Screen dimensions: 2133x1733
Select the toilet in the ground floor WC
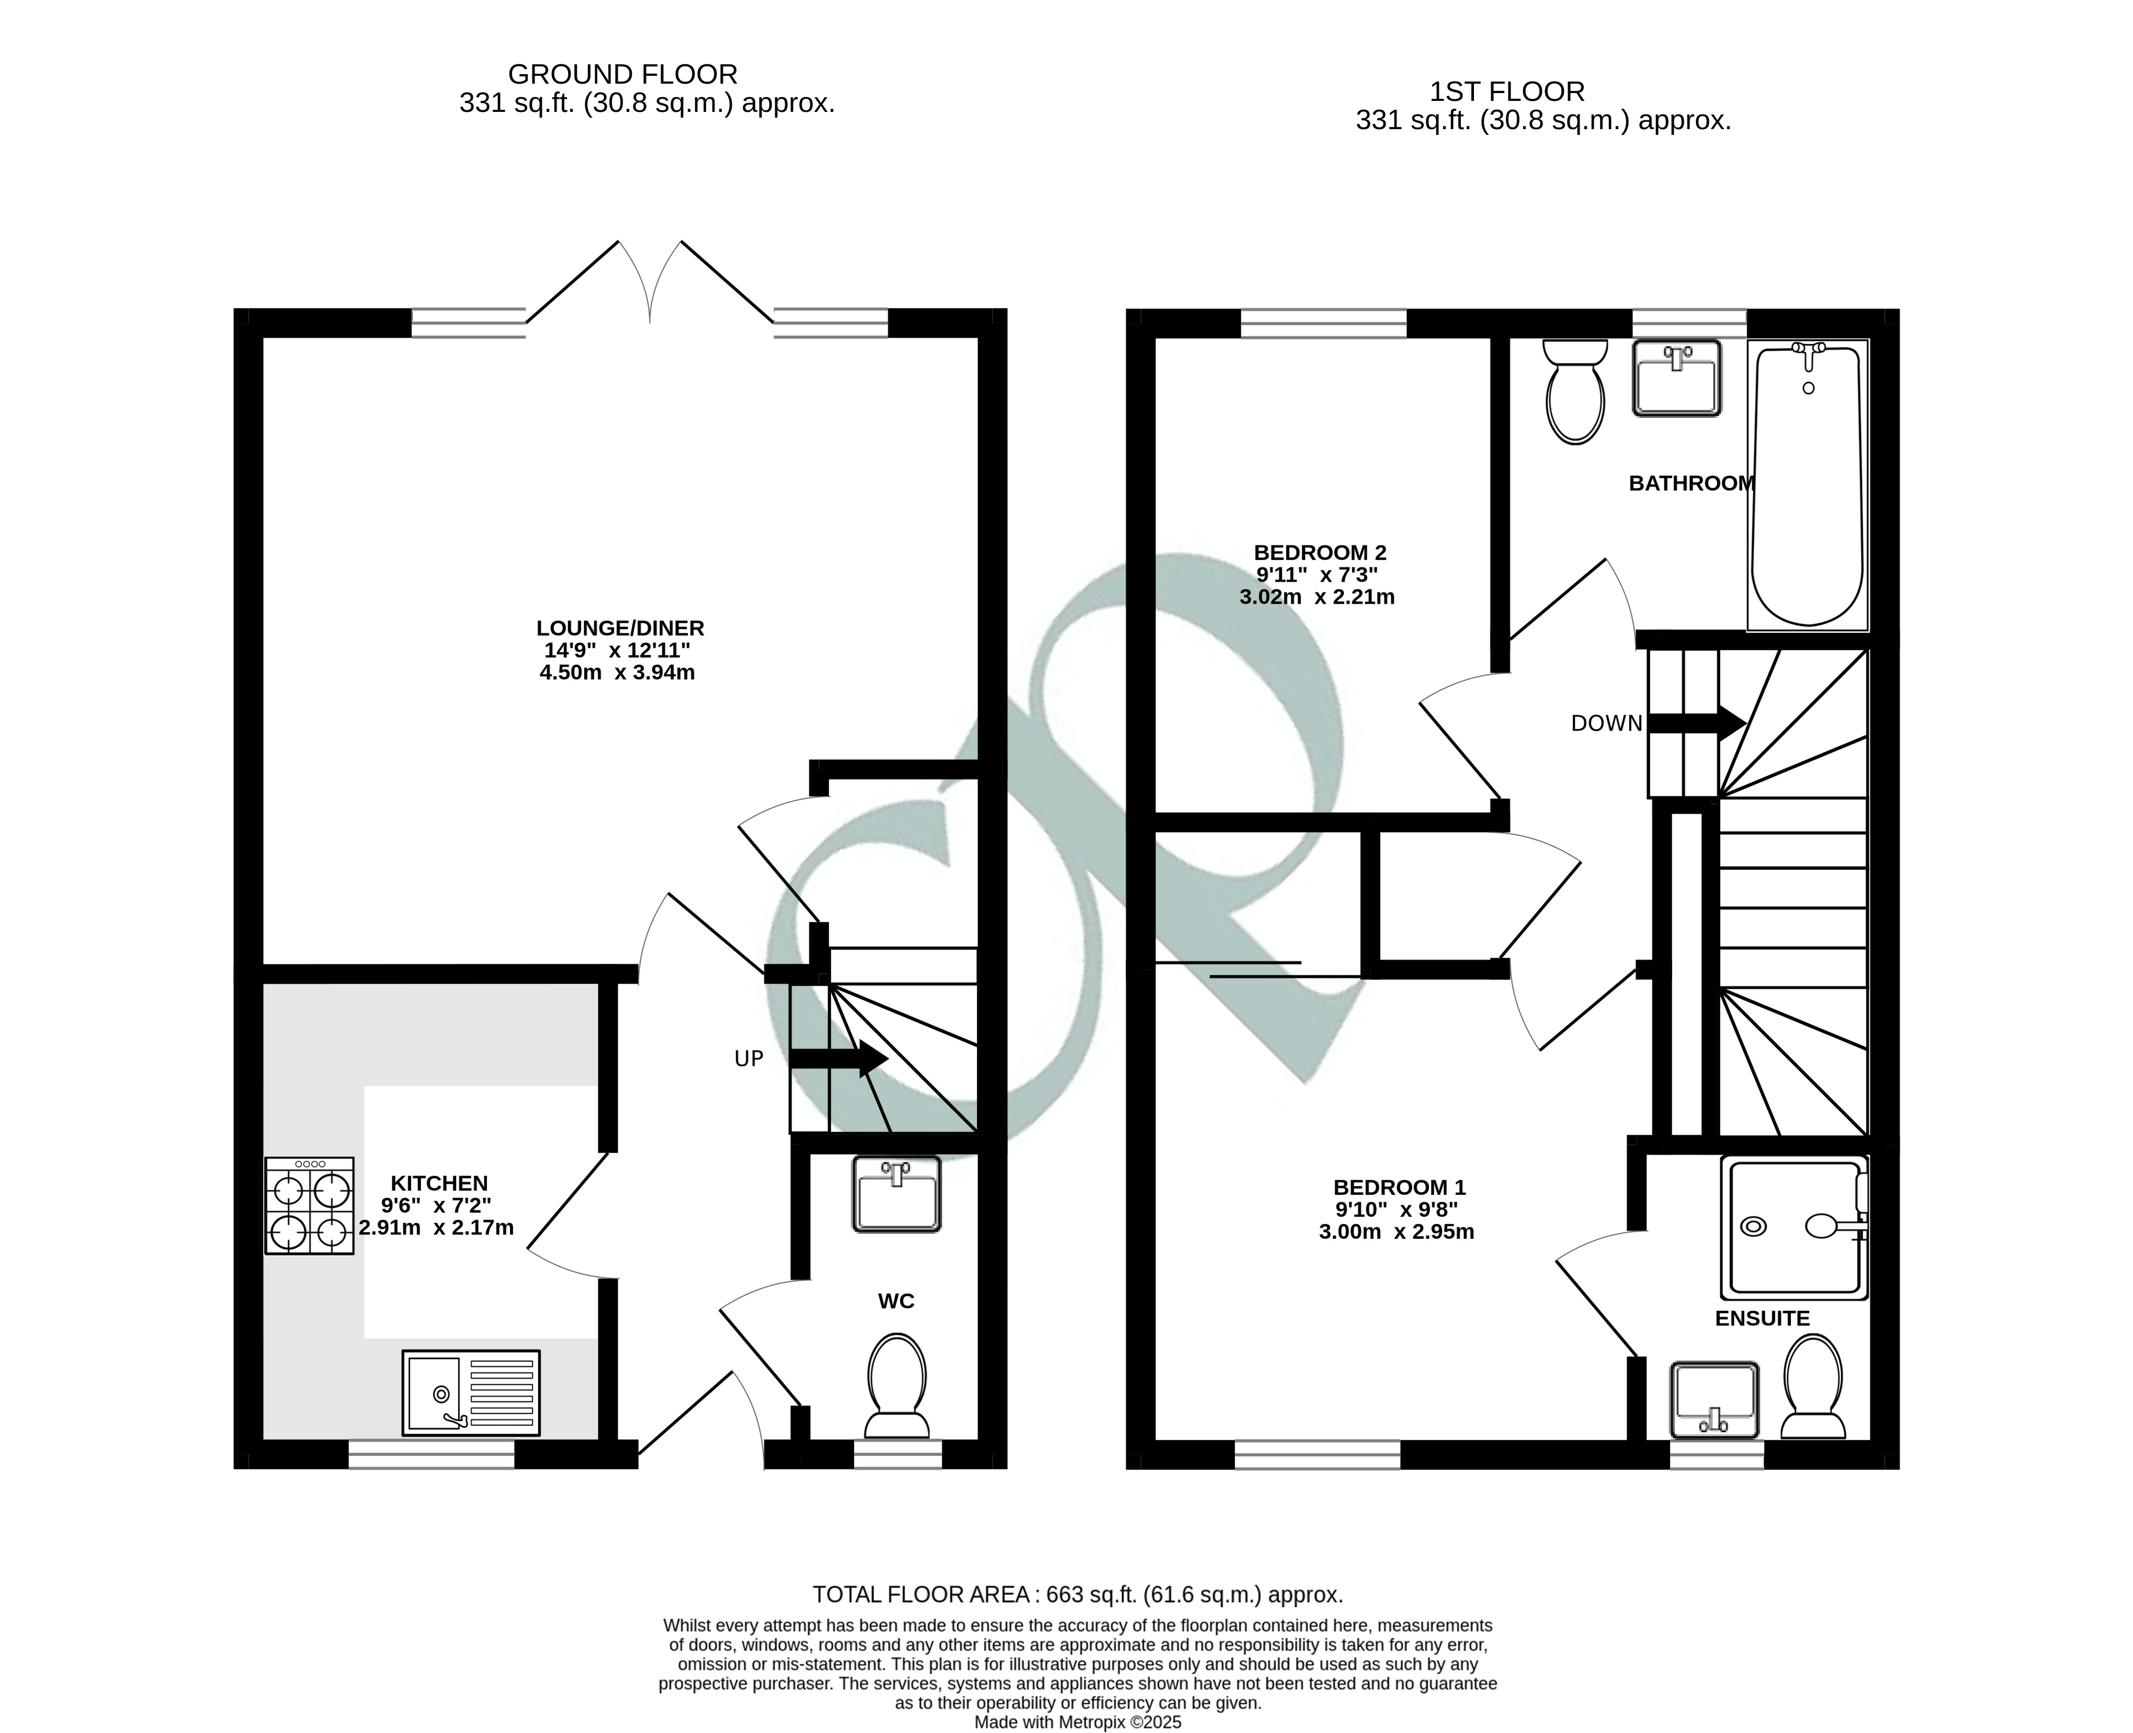coord(897,1387)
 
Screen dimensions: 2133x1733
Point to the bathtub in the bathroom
coord(1808,484)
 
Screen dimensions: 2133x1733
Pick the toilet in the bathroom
coord(1575,391)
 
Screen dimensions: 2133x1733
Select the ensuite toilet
coord(1813,1387)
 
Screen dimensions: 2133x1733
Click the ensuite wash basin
coord(1715,1399)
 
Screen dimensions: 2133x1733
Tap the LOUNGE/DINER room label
coord(620,628)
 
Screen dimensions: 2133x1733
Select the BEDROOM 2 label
coord(1320,552)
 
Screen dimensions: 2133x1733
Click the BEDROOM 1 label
coord(1399,1187)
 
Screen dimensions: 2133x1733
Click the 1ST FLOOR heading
coord(1507,92)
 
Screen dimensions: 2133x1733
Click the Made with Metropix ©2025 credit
coord(1077,1722)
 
